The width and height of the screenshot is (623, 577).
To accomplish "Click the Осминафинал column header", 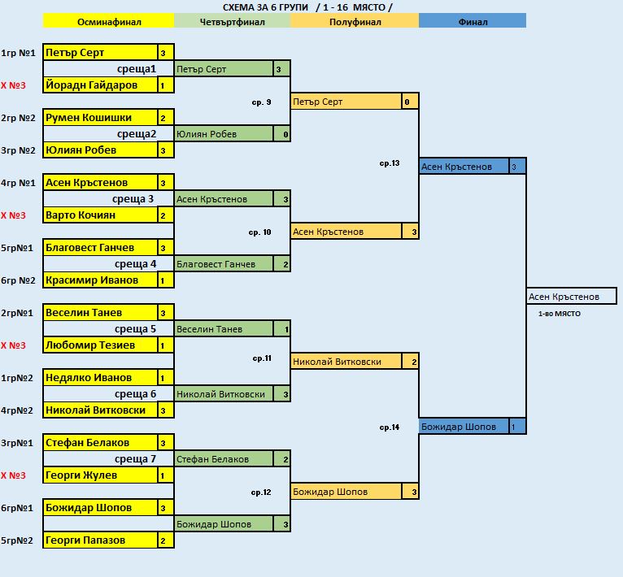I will [x=108, y=22].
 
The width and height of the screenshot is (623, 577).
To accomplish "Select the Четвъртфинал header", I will [x=232, y=22].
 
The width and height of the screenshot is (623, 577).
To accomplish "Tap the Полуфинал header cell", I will [x=355, y=22].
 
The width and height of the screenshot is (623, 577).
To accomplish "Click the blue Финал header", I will [x=473, y=22].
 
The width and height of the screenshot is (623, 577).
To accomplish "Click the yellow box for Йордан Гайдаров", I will [x=100, y=85].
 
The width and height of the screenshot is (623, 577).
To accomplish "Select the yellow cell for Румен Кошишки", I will [x=100, y=118].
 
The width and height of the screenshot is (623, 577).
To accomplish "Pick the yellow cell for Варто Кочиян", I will [x=100, y=215].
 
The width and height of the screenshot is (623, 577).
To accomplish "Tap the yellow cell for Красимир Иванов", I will [x=100, y=280].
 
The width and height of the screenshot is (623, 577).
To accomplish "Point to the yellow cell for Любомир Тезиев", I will [x=100, y=345].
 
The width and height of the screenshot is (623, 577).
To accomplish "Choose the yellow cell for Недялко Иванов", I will [x=100, y=378].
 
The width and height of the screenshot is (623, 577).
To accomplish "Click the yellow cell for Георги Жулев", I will [x=100, y=475].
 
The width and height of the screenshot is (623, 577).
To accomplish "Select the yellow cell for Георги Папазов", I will [x=100, y=540].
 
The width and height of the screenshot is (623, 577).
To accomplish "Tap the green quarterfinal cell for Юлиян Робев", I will [x=224, y=134].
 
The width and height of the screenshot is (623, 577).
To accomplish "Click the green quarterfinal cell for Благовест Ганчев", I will [x=224, y=264].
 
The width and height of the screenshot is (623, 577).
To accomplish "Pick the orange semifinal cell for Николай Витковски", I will [x=346, y=362].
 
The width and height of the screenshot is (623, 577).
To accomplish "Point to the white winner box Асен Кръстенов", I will [x=572, y=297].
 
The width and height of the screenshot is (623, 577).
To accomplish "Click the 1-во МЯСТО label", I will [x=560, y=314].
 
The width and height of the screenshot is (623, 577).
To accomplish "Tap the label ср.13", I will [x=390, y=163].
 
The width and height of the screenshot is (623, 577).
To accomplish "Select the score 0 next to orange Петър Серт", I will [x=407, y=102].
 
